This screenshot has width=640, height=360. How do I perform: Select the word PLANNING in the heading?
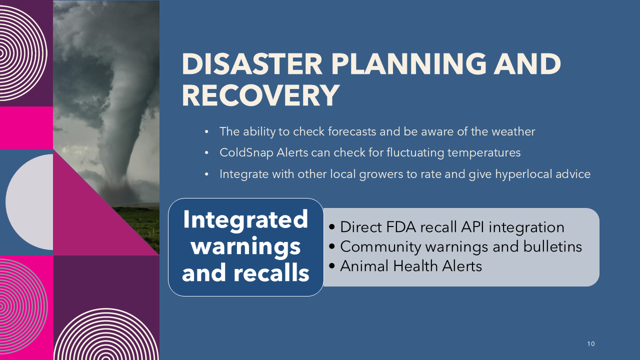click(409, 64)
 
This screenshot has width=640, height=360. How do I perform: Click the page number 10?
click(591, 343)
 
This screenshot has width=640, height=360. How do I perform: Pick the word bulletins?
click(552, 246)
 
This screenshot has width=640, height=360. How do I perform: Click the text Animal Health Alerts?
click(411, 266)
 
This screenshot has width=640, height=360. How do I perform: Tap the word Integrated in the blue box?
click(245, 219)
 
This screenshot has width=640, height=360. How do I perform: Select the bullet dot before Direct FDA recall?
click(331, 227)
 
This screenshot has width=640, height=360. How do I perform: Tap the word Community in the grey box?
click(380, 246)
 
